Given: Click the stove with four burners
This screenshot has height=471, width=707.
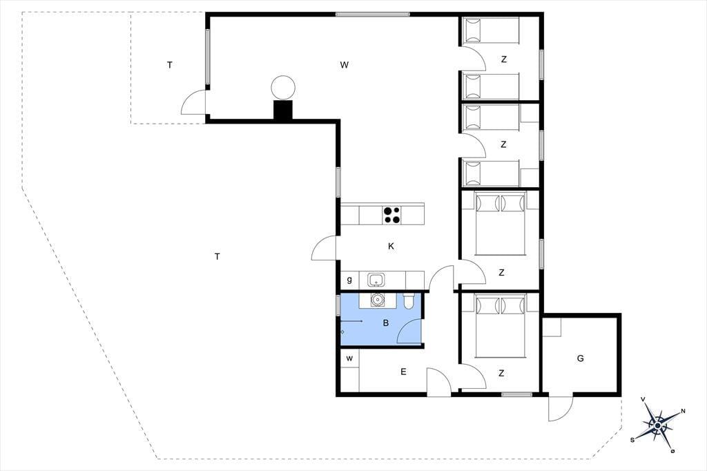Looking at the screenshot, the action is point(391,215).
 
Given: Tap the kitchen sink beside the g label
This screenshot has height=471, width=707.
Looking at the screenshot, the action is point(376,280).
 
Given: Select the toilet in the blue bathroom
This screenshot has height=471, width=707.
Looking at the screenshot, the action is point(409,300).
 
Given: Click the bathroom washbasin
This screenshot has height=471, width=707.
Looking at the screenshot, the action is point(377,299).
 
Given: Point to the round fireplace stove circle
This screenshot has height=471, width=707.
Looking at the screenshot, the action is point(283,88).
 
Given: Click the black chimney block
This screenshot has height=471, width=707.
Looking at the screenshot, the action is point(283,110).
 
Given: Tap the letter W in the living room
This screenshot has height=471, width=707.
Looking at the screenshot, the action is point(344,65).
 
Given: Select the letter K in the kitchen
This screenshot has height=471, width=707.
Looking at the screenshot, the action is point(391,247).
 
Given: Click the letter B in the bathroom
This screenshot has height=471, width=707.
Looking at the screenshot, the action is point(385,323).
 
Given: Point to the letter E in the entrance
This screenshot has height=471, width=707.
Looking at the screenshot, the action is point(403,372).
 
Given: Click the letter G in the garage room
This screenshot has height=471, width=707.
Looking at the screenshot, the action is point(580,358).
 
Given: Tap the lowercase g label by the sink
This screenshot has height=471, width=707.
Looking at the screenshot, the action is point(349,280).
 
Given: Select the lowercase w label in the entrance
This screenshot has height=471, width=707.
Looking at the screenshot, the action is point(349,359).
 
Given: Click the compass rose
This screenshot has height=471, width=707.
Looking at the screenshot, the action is point(658,425).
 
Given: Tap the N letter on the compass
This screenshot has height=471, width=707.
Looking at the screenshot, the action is point(683,411).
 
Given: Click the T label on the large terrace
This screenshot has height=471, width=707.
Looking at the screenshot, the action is point(217,257).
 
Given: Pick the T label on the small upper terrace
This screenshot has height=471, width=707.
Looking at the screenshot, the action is point(170,65).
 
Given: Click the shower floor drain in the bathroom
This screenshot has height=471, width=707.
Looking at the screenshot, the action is point(342,332).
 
